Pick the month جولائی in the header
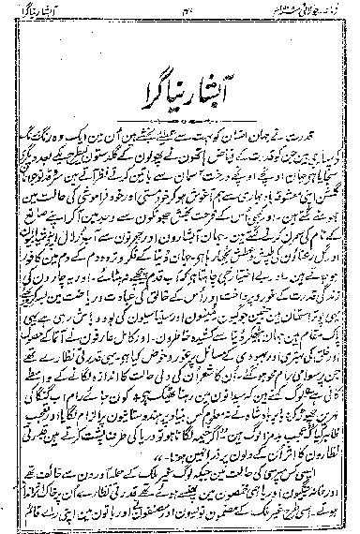tap(281, 11)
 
